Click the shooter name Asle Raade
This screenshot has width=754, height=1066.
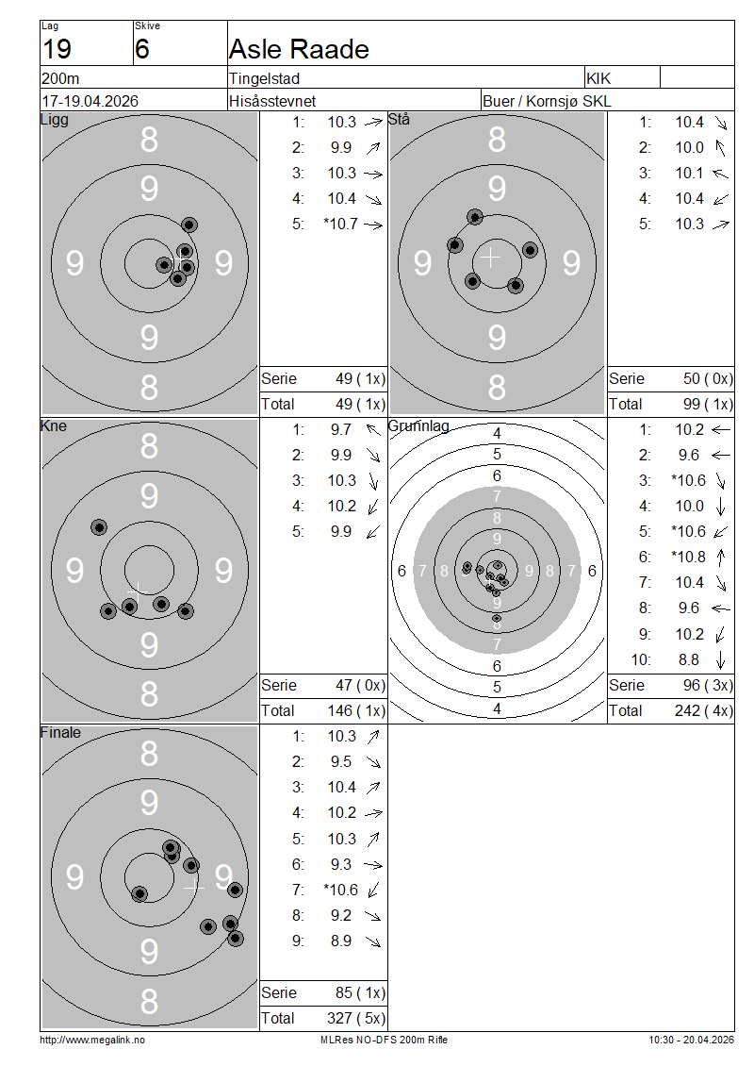point(299,50)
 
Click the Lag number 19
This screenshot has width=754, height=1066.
point(57,50)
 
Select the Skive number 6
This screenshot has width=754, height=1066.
point(142,50)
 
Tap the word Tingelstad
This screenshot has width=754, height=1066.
point(264,79)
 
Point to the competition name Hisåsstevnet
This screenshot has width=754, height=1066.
point(272,101)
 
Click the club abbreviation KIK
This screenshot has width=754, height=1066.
point(598,79)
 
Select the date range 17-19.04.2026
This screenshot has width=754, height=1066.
point(90,101)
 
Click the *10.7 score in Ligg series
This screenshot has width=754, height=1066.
point(340,225)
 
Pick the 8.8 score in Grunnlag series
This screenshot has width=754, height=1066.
point(688,660)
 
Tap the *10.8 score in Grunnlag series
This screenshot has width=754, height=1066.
point(688,558)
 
